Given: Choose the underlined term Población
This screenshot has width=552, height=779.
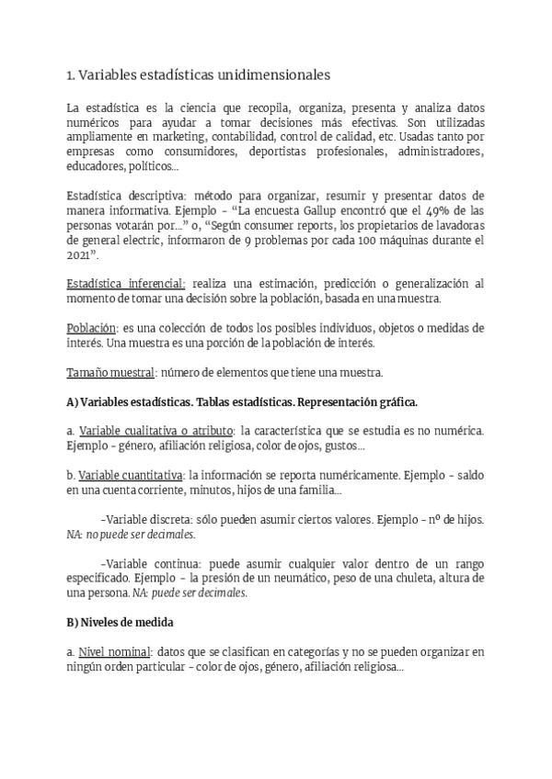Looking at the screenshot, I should [x=92, y=328].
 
